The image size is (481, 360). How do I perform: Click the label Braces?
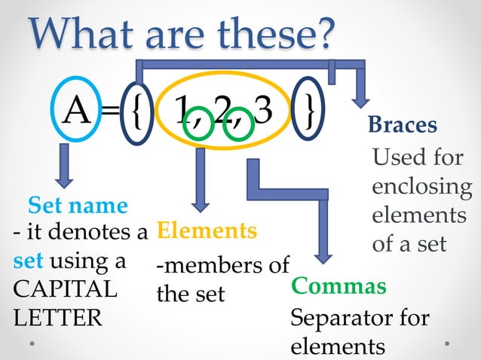[x=403, y=125]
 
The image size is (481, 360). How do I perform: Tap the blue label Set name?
[x=78, y=204]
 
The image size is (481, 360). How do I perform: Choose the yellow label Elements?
[x=206, y=230]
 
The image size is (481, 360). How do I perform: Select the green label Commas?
[x=339, y=286]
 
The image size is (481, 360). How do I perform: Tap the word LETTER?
[x=57, y=317]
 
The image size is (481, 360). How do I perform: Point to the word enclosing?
[x=421, y=186]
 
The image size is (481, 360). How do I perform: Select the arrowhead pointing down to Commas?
[x=323, y=253]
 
